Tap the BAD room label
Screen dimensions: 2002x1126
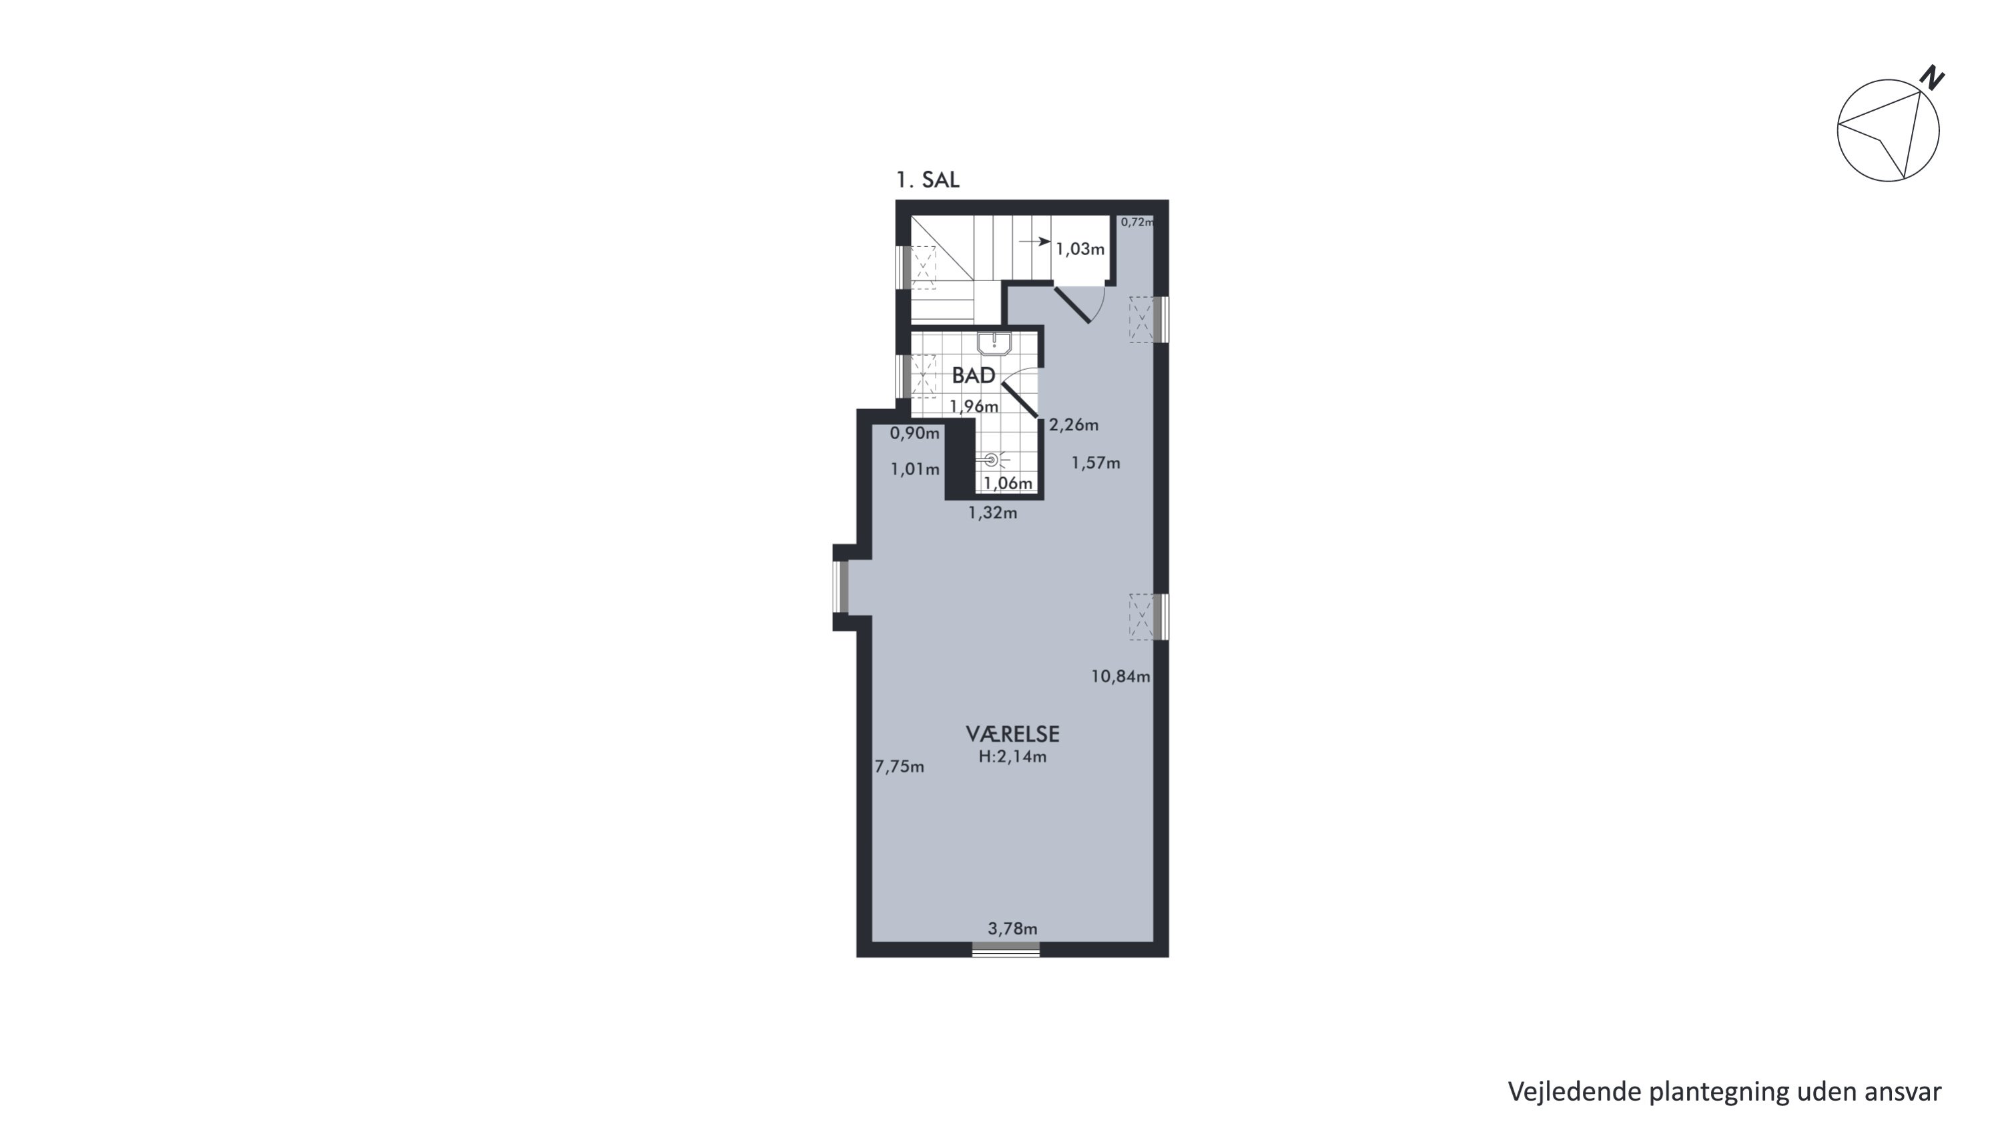[974, 376]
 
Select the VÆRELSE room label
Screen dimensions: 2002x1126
[1012, 734]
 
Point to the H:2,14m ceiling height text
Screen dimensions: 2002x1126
[1012, 757]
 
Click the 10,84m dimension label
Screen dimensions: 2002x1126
[1120, 677]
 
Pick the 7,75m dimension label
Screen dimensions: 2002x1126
[899, 767]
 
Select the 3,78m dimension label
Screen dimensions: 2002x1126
[1012, 928]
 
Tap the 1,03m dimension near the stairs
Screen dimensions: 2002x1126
[1080, 250]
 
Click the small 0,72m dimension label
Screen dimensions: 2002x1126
[1137, 222]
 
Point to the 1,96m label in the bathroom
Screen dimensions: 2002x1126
[974, 406]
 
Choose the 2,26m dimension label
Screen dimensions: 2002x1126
[1074, 425]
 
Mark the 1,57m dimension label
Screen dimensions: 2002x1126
[1096, 463]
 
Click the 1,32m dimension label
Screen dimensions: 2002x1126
[992, 513]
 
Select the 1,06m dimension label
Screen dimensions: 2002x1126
[1008, 483]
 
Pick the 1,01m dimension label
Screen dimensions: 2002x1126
[915, 469]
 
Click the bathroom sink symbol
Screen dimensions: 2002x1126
[994, 344]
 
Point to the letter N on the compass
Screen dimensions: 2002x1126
[1932, 77]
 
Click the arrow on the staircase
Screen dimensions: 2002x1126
[1034, 242]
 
